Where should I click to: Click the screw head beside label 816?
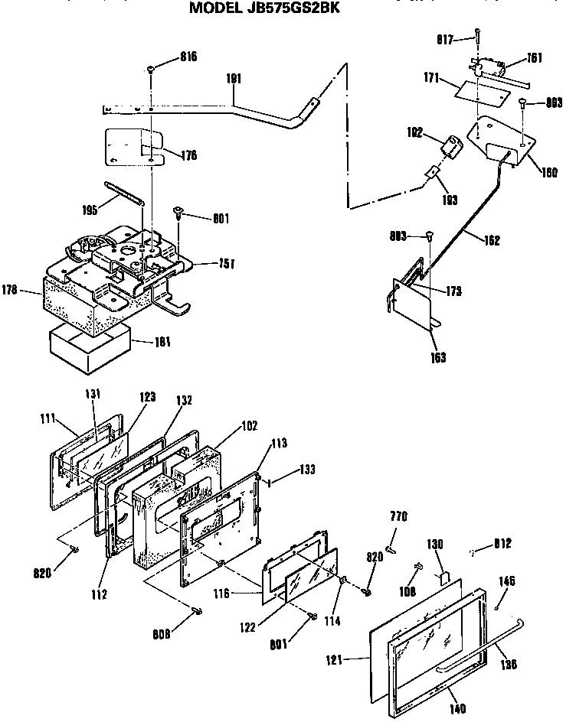tap(152, 69)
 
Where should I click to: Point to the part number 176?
tap(188, 155)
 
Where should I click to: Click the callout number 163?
tap(437, 357)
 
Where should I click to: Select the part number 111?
tap(47, 419)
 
